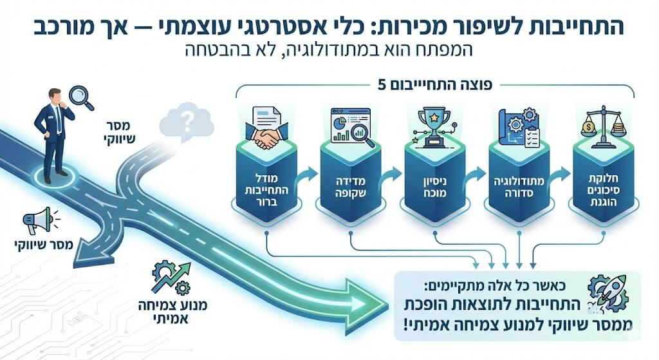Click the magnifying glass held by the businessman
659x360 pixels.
click(x=80, y=96)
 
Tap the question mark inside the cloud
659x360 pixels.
click(x=187, y=120)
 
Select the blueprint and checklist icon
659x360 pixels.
click(x=519, y=127)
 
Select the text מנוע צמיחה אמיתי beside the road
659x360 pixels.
click(x=172, y=310)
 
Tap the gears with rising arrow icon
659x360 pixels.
click(x=171, y=278)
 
